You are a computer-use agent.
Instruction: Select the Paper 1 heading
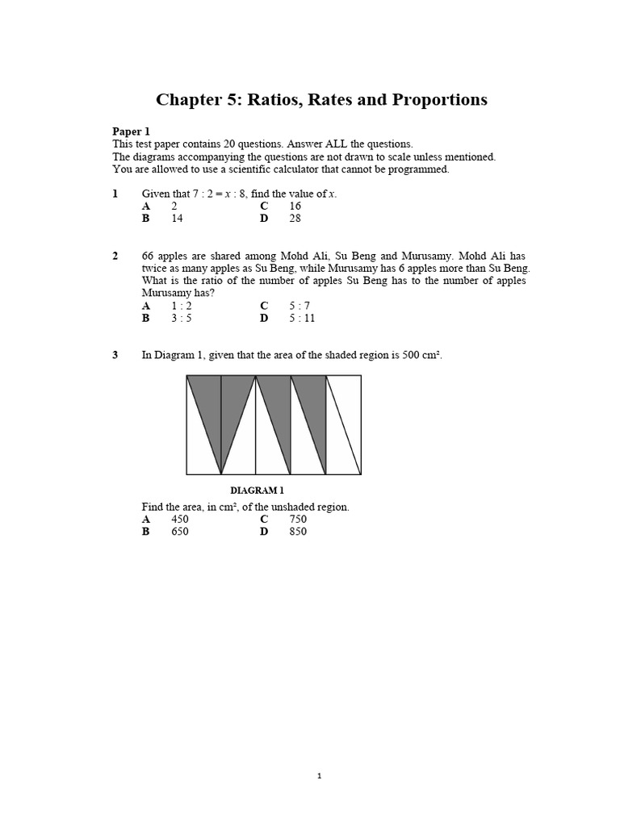[x=131, y=131]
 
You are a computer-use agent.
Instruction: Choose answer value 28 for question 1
[x=295, y=218]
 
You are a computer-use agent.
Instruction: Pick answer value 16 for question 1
[x=295, y=206]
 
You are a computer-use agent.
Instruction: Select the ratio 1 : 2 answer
[x=182, y=306]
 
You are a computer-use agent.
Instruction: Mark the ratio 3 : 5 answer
[x=182, y=318]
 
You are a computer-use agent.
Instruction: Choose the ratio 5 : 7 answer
[x=300, y=306]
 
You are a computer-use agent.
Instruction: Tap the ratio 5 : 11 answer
[x=302, y=318]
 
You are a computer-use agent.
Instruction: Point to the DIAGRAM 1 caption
[x=257, y=490]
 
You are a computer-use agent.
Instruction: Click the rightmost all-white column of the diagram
[x=343, y=424]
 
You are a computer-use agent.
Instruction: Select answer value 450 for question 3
[x=180, y=519]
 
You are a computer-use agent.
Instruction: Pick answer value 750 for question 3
[x=298, y=519]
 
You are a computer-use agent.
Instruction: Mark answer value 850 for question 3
[x=298, y=532]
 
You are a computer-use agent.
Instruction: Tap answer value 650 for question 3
[x=180, y=532]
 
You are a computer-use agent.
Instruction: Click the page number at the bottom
[x=319, y=776]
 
